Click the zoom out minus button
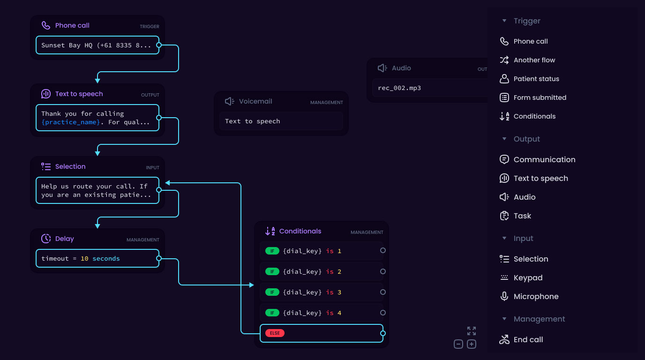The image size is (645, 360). (458, 345)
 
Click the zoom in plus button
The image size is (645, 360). (472, 345)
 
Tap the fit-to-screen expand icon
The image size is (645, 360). (472, 331)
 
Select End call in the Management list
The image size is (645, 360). (528, 340)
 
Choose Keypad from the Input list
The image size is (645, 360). (528, 278)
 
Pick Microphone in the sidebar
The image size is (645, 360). (536, 297)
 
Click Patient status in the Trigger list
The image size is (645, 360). (536, 79)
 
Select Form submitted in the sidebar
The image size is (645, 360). (540, 98)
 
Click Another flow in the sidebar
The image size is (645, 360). (534, 60)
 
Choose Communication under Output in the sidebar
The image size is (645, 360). (544, 160)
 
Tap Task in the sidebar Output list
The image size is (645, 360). (522, 216)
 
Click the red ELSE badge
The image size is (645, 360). (275, 333)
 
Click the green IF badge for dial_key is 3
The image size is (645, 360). (272, 292)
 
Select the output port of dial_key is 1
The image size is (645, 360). (383, 251)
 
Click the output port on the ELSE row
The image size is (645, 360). (383, 333)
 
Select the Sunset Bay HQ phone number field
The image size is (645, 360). (97, 45)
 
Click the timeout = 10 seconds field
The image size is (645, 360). (97, 259)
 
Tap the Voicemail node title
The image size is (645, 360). (255, 102)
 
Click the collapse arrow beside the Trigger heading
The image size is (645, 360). (504, 21)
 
